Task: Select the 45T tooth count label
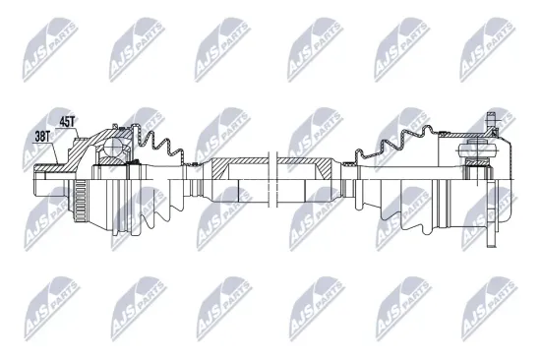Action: tap(67, 122)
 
